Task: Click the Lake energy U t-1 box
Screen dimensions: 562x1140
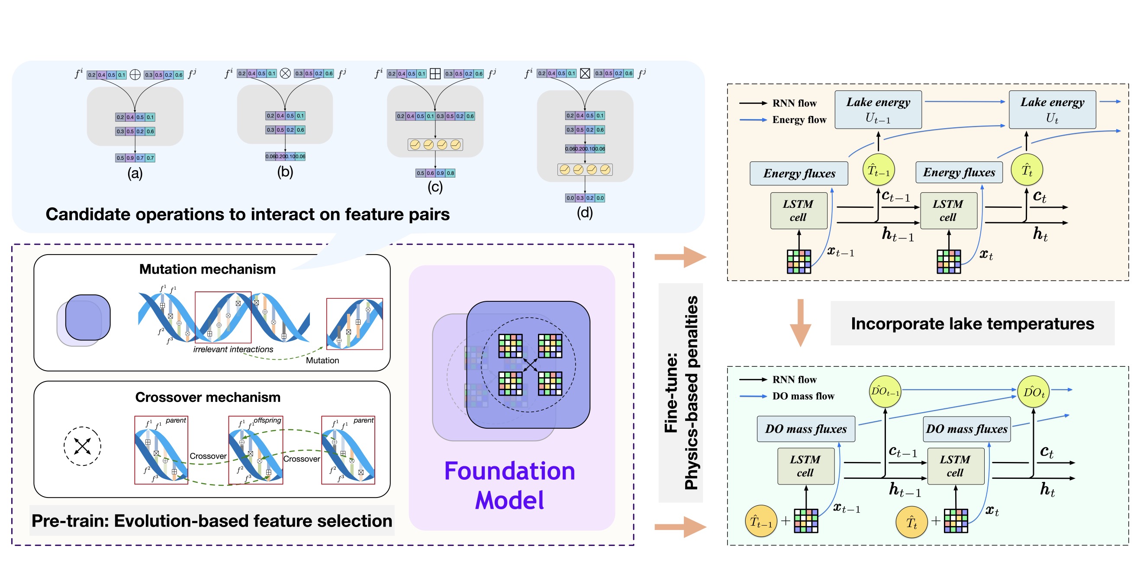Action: (x=878, y=110)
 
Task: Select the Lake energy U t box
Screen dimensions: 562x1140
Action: (x=1052, y=110)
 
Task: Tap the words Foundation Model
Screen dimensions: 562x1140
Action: (x=509, y=485)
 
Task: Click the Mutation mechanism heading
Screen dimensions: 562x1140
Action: (x=207, y=269)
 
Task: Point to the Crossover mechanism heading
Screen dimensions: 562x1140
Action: (x=208, y=397)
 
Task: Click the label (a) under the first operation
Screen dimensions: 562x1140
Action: (x=135, y=173)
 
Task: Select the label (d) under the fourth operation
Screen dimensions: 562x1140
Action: (x=585, y=213)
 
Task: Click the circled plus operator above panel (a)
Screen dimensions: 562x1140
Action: (x=135, y=74)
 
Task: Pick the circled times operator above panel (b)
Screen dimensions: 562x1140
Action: (x=286, y=73)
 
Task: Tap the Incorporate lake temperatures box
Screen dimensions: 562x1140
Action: (x=972, y=323)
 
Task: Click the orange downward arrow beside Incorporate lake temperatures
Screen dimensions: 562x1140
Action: (x=800, y=323)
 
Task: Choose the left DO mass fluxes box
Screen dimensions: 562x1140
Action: (x=806, y=429)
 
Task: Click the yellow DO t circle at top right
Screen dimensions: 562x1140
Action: (x=1034, y=391)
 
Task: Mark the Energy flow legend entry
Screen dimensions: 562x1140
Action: (x=799, y=120)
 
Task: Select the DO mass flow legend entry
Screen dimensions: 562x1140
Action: (x=803, y=396)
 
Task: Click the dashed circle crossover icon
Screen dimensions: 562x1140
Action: (x=82, y=446)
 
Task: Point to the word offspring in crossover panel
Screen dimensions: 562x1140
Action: (x=267, y=420)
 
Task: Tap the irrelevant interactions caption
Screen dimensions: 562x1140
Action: (x=233, y=349)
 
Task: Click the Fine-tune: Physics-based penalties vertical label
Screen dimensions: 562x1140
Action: (x=681, y=392)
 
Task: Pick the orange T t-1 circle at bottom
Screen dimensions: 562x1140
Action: (x=761, y=521)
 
